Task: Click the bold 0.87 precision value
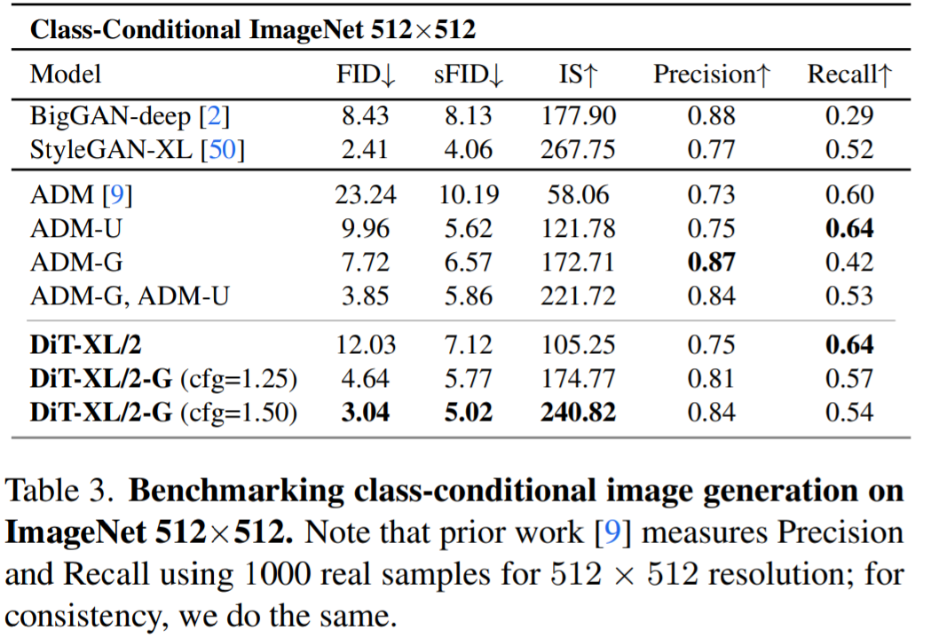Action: [710, 262]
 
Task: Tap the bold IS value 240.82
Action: [578, 413]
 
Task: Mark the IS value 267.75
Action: [578, 149]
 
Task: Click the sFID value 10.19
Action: [468, 194]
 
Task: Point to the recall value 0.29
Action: [848, 116]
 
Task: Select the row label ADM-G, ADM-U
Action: [130, 295]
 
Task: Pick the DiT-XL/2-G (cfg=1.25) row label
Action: [163, 380]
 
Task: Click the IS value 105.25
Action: [578, 345]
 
